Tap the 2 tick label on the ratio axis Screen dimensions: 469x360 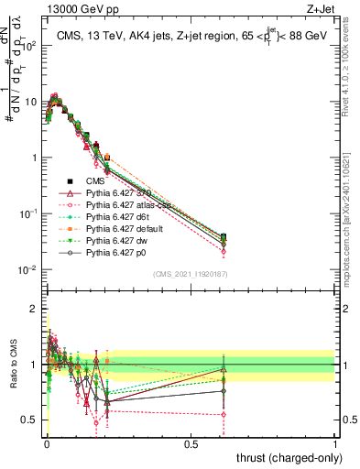pos(34,309)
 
